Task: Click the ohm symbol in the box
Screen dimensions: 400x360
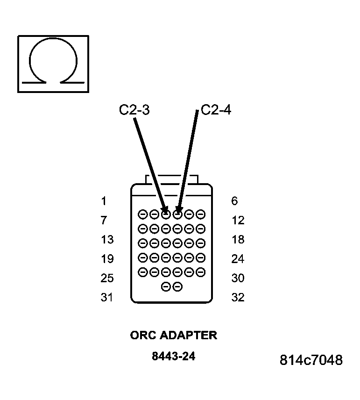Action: coord(53,63)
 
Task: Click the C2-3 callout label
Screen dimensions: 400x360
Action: coord(134,110)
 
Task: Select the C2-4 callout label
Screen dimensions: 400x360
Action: coord(216,110)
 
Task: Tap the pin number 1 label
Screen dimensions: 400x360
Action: coord(104,201)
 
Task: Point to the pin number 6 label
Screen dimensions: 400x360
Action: coord(234,201)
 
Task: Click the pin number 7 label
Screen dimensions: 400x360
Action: coord(104,221)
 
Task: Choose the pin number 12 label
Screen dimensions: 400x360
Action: coord(238,221)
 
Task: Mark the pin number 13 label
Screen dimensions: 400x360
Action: coord(107,240)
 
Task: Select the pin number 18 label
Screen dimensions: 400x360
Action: coord(238,240)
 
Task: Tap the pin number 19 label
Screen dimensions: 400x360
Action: coord(107,259)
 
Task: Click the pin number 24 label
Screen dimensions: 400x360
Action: coord(238,259)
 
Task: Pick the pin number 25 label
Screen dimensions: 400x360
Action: coord(107,278)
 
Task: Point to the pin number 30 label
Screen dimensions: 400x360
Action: coord(238,278)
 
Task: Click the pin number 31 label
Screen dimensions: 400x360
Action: coord(107,297)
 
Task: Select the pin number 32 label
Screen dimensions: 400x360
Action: coord(238,297)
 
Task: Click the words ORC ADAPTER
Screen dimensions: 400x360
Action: coord(173,336)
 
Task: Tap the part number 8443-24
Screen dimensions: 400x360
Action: coord(173,357)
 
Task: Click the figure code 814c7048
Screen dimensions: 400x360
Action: coord(311,360)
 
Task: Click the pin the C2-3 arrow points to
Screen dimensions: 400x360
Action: coord(166,215)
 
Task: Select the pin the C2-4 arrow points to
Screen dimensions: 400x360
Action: coord(177,215)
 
